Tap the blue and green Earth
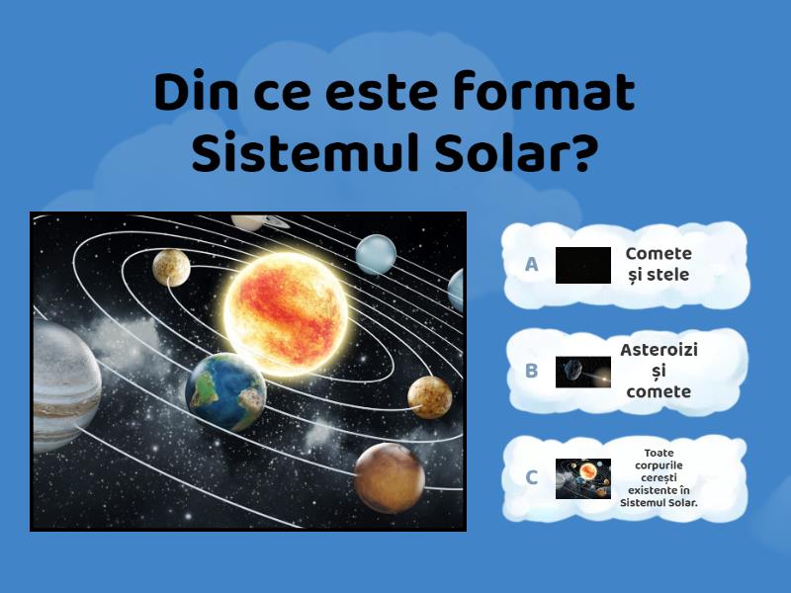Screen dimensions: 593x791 pos(225,392)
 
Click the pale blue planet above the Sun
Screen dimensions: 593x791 pos(376,254)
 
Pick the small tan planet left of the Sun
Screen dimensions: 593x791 pos(171,265)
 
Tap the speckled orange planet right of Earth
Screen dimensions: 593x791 pos(430,397)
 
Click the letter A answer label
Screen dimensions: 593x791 pos(532,265)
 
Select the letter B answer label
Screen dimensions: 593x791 pos(532,372)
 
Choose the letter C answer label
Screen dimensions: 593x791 pos(532,478)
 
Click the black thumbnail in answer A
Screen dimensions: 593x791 pos(583,265)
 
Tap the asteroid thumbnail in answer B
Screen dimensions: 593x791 pos(583,372)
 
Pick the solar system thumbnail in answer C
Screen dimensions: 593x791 pos(583,478)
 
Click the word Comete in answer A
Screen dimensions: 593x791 pos(659,254)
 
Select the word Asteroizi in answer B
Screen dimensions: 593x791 pos(659,350)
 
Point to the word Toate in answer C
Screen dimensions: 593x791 pos(659,454)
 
